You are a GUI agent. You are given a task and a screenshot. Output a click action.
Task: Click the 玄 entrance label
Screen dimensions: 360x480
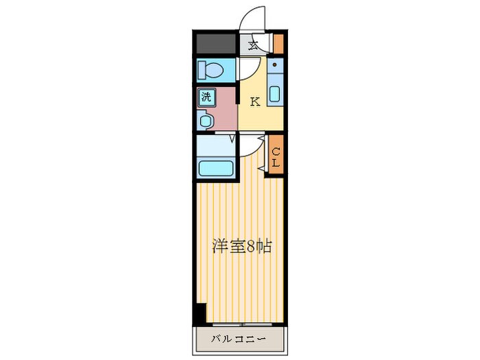pyautogui.click(x=253, y=46)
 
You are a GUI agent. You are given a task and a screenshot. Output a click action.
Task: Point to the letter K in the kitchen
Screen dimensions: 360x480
pyautogui.click(x=254, y=103)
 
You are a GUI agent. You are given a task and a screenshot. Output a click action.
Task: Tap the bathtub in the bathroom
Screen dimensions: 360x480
pyautogui.click(x=216, y=168)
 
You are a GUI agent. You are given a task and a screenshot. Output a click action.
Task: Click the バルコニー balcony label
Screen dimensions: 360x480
pyautogui.click(x=239, y=338)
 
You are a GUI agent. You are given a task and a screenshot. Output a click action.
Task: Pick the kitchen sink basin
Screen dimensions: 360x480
pyautogui.click(x=274, y=94)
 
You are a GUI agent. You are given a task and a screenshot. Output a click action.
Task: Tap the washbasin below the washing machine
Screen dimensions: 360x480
pyautogui.click(x=206, y=121)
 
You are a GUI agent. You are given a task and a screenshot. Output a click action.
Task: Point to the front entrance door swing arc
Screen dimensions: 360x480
pyautogui.click(x=250, y=16)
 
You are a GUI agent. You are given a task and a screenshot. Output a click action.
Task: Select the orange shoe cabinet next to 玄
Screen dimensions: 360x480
pyautogui.click(x=279, y=44)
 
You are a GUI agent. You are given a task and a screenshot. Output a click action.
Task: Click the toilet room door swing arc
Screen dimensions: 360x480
pyautogui.click(x=248, y=69)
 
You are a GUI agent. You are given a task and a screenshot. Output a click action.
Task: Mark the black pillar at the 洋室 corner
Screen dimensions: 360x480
pyautogui.click(x=200, y=315)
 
